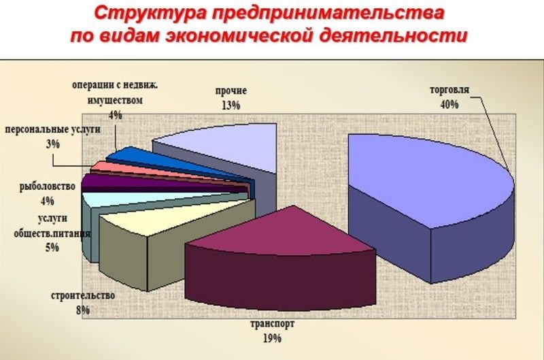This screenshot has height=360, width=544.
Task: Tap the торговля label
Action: (x=449, y=90)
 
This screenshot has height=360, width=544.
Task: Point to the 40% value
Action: (x=449, y=104)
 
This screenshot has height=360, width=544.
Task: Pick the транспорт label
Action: (x=273, y=324)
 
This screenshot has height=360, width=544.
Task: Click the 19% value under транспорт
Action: (x=272, y=338)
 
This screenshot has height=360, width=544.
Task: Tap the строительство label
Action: (x=83, y=296)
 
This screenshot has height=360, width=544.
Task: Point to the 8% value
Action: (x=83, y=310)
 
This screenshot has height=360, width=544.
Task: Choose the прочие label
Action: (x=231, y=91)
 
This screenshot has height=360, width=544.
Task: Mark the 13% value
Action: (x=231, y=105)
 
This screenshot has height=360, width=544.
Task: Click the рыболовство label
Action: (x=47, y=186)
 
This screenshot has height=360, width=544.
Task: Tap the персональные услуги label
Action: (x=53, y=129)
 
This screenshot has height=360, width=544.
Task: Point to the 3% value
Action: (x=53, y=144)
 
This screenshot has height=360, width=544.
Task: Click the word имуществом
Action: (x=115, y=100)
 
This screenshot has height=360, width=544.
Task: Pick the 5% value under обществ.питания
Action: (x=52, y=247)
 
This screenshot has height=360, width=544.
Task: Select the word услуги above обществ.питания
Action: (x=52, y=219)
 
